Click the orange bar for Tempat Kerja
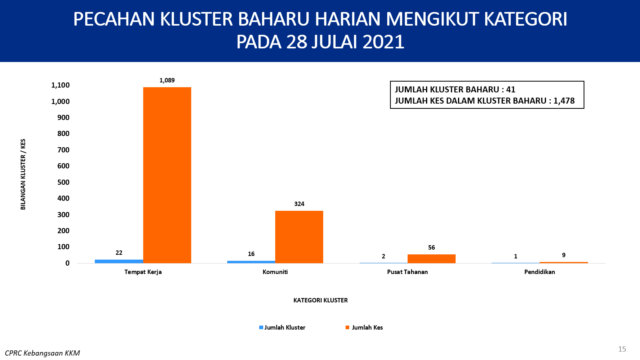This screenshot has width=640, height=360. point(167,175)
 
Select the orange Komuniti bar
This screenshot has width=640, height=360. point(299,237)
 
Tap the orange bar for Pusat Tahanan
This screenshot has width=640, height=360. point(432,258)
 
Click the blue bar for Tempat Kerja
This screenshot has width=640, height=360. point(119,261)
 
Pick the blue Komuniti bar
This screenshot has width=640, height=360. point(251,262)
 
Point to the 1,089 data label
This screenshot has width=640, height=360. point(167,80)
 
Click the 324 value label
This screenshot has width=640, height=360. point(299,204)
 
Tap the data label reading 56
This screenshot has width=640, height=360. point(432,248)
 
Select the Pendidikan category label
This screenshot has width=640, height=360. point(540,272)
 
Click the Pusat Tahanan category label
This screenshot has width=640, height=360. point(408,272)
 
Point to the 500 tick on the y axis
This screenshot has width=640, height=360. point(64,182)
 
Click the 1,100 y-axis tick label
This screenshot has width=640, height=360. point(60,85)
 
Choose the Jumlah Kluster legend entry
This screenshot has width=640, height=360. point(282,328)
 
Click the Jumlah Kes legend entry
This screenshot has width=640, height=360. point(364,328)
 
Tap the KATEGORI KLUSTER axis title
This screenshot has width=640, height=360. point(320,300)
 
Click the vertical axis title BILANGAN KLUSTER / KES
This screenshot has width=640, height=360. point(23,174)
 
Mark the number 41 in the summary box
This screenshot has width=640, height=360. point(510,90)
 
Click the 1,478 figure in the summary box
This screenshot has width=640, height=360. point(564,100)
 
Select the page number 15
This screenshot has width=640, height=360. point(622,349)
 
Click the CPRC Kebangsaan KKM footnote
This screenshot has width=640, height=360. point(42,353)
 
